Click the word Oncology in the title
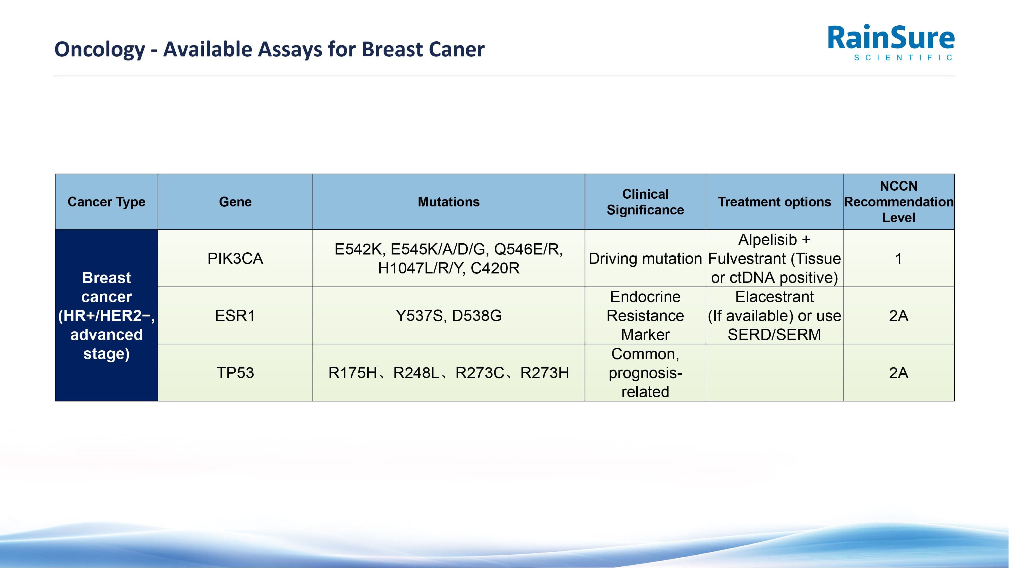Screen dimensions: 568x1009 (x=100, y=50)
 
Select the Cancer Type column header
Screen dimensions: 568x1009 (x=106, y=202)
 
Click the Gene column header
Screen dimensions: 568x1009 (x=235, y=202)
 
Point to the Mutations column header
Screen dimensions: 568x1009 (x=448, y=202)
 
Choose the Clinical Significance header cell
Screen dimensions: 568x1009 (x=645, y=202)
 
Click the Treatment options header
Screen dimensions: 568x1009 (x=774, y=202)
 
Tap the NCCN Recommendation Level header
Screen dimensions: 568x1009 (x=898, y=202)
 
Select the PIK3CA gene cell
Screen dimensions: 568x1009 (x=235, y=258)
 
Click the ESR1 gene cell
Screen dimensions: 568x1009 (x=235, y=316)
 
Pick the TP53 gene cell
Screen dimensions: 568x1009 (x=235, y=373)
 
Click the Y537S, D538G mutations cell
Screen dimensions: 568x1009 (x=448, y=316)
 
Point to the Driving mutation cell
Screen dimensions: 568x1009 (x=645, y=258)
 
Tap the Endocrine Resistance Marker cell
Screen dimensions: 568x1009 (x=645, y=316)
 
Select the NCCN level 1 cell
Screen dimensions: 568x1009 (x=898, y=258)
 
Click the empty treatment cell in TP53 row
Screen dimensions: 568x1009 (x=774, y=373)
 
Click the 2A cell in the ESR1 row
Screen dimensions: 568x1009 (x=898, y=316)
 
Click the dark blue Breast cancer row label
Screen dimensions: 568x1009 (x=106, y=316)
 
